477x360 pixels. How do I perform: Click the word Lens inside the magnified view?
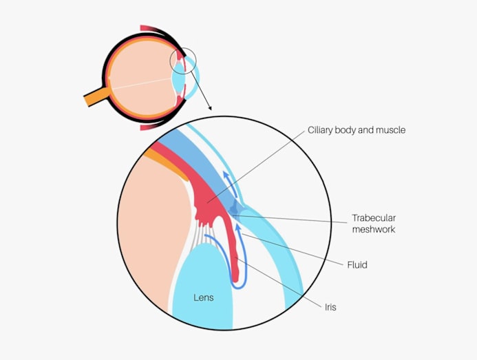pos(203,298)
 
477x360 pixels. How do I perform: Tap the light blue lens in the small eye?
pos(178,81)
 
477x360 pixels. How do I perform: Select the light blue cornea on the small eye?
pos(196,76)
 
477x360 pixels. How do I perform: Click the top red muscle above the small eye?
pos(153,29)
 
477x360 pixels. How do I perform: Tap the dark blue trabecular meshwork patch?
pos(236,208)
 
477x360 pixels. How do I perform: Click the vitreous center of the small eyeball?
pos(138,79)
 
